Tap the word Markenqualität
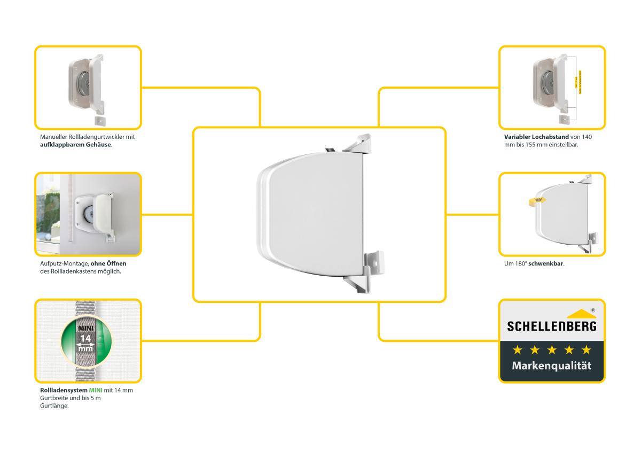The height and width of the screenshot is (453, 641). pos(551,366)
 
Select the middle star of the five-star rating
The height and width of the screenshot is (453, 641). pos(552,350)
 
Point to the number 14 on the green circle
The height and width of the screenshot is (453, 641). pos(85,338)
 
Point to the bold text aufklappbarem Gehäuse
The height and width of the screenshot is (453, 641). pos(76,145)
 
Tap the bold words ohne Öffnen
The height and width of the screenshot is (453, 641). pos(108,263)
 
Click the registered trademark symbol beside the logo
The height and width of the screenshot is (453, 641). pos(593,310)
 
